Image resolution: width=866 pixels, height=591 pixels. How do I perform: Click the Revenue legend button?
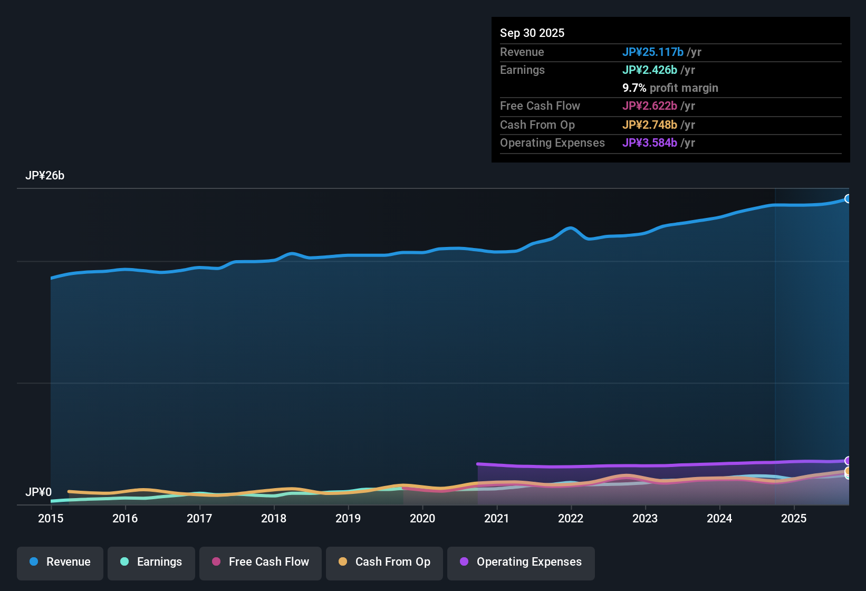point(60,562)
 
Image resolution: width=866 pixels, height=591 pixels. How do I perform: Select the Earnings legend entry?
point(151,562)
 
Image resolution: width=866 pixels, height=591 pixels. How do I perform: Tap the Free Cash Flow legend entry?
point(261,562)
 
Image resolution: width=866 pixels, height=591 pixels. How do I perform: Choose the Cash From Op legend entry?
point(384,562)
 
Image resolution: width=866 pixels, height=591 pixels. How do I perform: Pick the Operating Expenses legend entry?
point(521,562)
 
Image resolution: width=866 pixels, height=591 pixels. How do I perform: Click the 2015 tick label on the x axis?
point(51,519)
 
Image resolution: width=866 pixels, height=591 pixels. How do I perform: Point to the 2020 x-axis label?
point(422,519)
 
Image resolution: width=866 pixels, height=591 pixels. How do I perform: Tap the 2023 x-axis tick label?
point(645,519)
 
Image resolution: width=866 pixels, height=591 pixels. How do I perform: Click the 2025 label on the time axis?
point(794,519)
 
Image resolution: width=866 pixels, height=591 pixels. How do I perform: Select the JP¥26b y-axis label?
point(45,176)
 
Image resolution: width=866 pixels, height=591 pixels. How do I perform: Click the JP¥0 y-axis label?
point(39,492)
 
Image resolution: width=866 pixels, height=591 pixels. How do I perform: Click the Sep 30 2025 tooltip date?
point(532,33)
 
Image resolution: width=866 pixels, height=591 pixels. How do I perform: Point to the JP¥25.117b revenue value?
point(653,52)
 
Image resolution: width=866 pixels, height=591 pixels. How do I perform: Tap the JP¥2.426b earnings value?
point(650,70)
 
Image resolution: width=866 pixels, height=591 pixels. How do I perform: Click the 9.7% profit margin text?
point(670,88)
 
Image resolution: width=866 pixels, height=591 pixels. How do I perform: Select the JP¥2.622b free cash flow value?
point(650,106)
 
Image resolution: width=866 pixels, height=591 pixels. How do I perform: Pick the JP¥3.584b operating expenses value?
point(650,143)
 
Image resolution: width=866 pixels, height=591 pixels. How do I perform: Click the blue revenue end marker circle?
point(848,199)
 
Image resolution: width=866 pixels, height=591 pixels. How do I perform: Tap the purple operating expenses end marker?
point(848,461)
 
